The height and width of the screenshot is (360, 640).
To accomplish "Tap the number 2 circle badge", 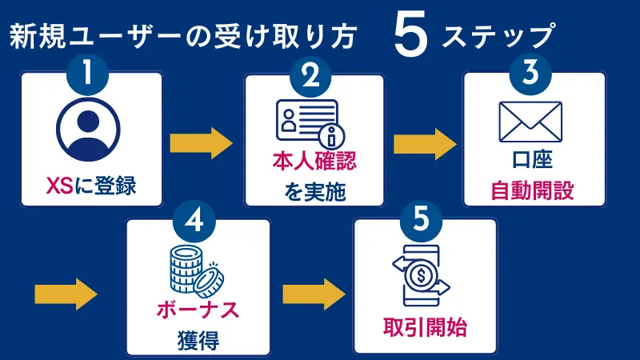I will pyautogui.click(x=312, y=75).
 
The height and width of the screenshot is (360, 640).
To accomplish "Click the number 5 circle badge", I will pyautogui.click(x=422, y=222).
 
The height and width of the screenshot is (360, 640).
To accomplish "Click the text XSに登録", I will pyautogui.click(x=90, y=186).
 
